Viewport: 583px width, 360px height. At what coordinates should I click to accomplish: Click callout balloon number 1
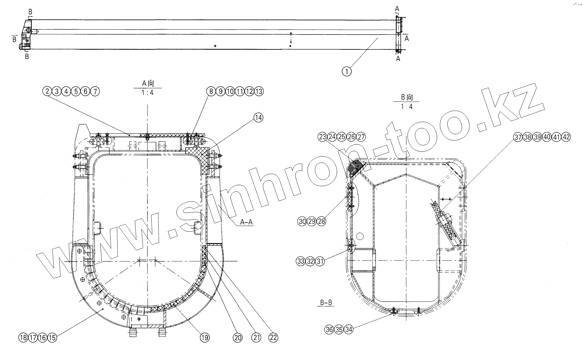[346, 71]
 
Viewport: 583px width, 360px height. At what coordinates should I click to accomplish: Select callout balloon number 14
[258, 118]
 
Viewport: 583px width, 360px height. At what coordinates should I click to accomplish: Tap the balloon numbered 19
[204, 338]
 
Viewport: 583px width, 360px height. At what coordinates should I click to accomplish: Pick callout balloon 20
[238, 338]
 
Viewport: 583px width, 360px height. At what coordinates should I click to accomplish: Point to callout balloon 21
[256, 338]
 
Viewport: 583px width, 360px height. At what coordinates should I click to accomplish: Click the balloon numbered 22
[273, 338]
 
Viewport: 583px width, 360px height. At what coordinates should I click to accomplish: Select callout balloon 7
[95, 91]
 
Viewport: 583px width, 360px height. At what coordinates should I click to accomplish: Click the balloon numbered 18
[23, 338]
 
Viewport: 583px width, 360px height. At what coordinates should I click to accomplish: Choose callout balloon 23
[322, 137]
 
